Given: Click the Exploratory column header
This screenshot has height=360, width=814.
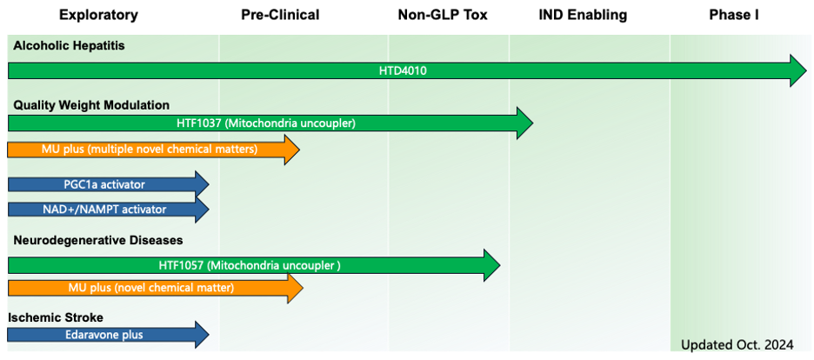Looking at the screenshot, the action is tap(98, 15).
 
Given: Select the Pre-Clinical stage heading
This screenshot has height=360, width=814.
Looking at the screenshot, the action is tap(280, 15).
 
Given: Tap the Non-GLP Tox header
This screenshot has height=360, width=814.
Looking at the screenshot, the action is tap(443, 15).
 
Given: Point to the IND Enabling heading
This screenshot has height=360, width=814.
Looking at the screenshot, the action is tap(583, 15).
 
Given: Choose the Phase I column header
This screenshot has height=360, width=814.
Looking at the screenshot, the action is tap(734, 15).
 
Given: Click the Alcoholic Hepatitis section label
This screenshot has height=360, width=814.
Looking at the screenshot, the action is tap(69, 45).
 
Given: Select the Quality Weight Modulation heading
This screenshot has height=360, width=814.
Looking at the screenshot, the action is tap(91, 105).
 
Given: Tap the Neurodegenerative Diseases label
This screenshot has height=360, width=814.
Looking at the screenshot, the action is tap(98, 241).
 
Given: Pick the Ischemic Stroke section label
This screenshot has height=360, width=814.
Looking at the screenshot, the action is tap(58, 317).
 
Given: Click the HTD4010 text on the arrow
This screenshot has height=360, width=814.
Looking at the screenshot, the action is tap(403, 70).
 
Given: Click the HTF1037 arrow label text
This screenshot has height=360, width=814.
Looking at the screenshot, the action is tap(266, 123).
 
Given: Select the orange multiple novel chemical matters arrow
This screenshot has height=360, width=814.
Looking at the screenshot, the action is tap(153, 150).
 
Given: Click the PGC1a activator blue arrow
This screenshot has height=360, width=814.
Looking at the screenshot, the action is tap(108, 184).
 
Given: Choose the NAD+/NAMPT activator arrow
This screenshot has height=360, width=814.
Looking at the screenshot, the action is tap(108, 210).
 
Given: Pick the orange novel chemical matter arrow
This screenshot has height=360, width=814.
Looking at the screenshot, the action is tap(155, 287).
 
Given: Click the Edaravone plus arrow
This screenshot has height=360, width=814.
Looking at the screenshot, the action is tap(108, 335).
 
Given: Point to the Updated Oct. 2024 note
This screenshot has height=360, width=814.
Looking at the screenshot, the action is tap(737, 344).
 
